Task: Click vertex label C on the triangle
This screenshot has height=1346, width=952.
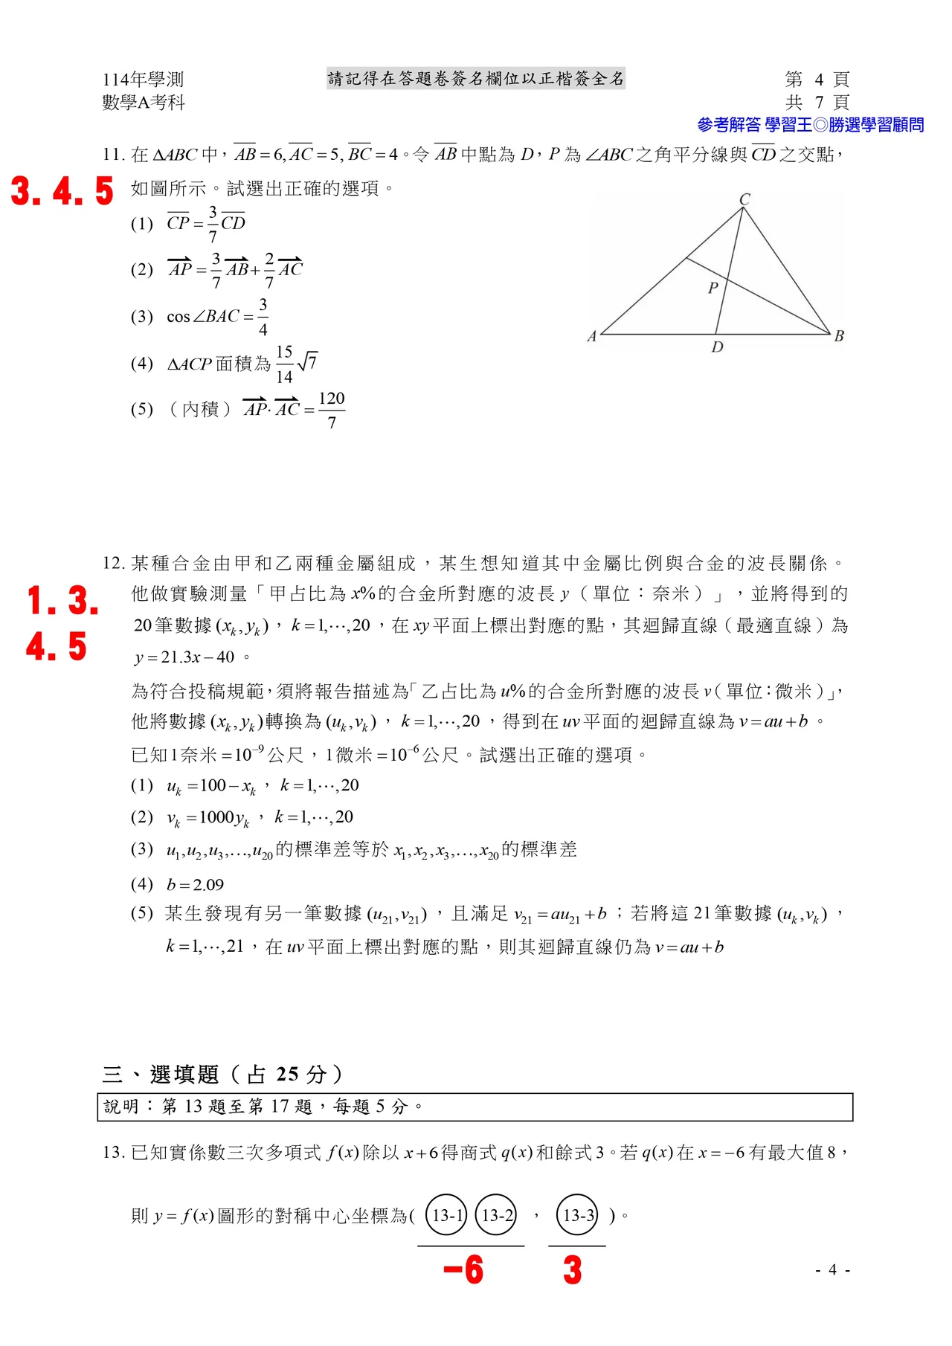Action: click(x=744, y=199)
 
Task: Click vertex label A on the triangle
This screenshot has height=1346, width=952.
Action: click(x=592, y=336)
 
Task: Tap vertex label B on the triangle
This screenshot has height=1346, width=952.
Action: click(x=839, y=336)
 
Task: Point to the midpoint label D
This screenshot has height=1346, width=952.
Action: click(x=717, y=347)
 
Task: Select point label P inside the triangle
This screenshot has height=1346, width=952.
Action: click(x=713, y=288)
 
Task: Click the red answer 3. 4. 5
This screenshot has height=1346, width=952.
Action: click(x=62, y=191)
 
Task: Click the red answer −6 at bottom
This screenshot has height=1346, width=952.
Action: click(x=463, y=1269)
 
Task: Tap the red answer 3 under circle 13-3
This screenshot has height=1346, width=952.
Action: click(x=572, y=1269)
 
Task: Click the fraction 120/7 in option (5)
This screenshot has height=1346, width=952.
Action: click(x=332, y=410)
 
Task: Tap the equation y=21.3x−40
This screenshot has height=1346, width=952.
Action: click(x=186, y=657)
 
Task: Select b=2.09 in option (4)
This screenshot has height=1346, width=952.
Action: click(x=195, y=885)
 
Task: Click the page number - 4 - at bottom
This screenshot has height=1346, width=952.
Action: click(x=833, y=1269)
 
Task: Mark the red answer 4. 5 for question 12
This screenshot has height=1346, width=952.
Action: click(x=57, y=646)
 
